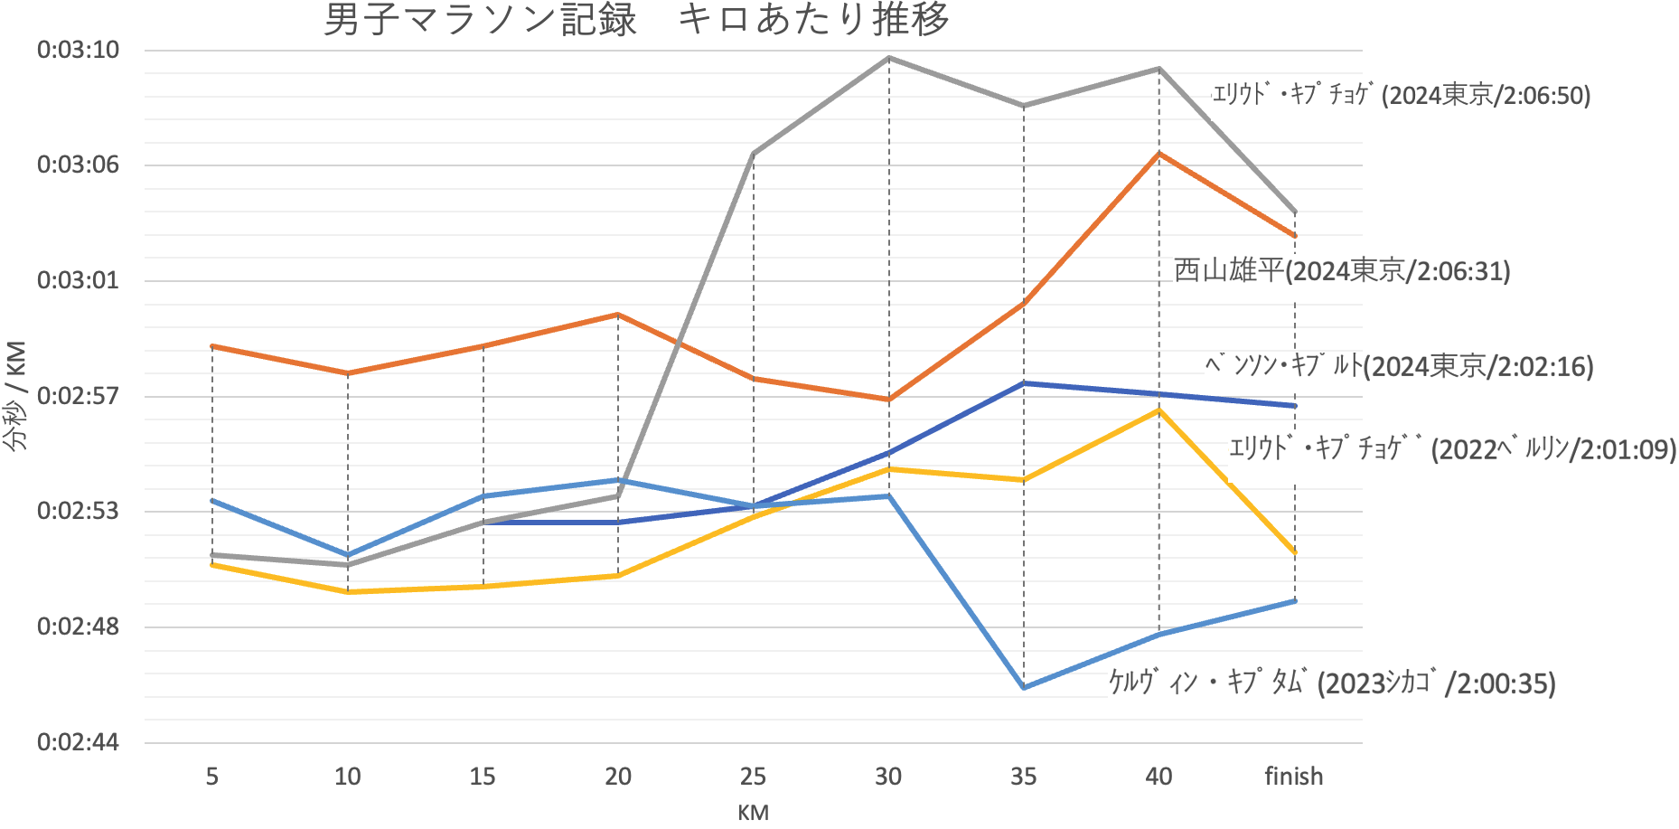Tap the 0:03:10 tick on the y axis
click(78, 50)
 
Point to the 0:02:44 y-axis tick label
click(78, 742)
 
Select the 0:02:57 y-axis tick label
click(78, 396)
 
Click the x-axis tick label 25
click(753, 777)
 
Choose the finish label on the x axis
click(1293, 777)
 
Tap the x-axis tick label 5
click(212, 777)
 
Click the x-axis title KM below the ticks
click(753, 812)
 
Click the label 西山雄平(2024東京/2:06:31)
click(1342, 270)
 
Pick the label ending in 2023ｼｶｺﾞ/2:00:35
click(1332, 683)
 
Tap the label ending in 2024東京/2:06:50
click(1401, 95)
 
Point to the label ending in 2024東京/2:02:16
click(1399, 366)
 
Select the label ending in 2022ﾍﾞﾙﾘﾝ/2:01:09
click(1452, 448)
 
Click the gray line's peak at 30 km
click(889, 59)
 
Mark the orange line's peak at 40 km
click(1158, 154)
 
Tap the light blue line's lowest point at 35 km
click(1024, 688)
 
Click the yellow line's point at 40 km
click(1158, 410)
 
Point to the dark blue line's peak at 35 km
click(1024, 383)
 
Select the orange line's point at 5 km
click(212, 346)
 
